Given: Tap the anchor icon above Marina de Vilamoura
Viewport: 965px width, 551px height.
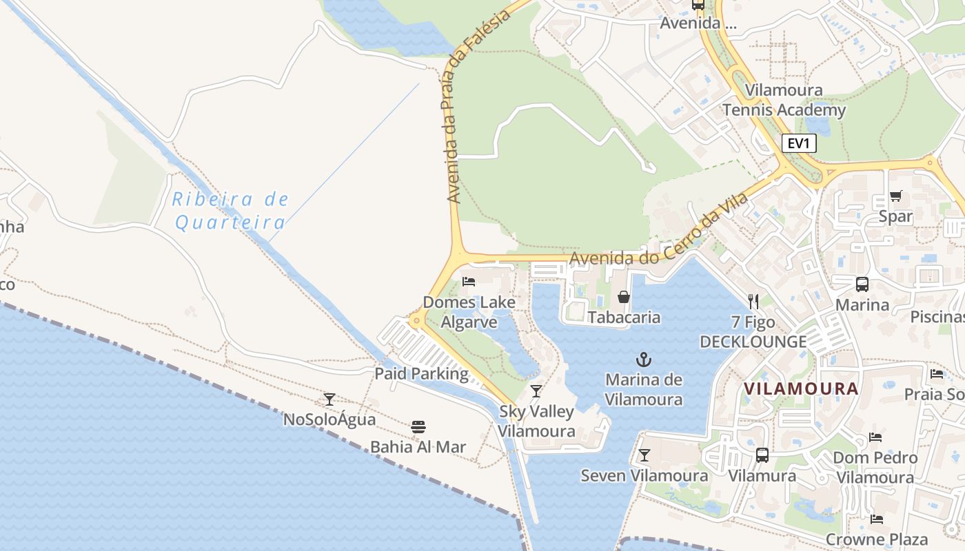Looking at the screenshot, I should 643,359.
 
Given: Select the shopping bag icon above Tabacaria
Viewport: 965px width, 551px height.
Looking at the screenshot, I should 623,297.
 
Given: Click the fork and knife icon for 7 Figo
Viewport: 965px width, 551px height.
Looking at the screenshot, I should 753,301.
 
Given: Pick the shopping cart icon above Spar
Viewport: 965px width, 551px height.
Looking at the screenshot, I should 895,196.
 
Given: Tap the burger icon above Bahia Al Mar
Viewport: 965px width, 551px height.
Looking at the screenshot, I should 418,426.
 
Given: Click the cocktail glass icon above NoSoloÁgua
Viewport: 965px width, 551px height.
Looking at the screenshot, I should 329,399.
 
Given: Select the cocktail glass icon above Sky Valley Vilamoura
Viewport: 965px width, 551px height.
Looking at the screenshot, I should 536,391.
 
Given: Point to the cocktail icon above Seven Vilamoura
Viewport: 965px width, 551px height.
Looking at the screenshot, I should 644,455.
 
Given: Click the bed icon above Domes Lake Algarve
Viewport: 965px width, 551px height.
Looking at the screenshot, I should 469,281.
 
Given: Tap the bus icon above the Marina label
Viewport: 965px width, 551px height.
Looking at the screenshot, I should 862,284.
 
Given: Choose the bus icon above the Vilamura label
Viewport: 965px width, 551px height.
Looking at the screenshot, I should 762,455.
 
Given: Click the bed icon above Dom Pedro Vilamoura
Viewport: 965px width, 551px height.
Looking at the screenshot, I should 875,437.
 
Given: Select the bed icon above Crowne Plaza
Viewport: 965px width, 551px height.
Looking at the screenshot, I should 876,519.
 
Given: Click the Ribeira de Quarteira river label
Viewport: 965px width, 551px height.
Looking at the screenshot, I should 230,211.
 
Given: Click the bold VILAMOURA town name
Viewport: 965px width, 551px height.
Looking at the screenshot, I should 801,388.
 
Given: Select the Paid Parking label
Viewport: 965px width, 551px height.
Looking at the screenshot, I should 421,374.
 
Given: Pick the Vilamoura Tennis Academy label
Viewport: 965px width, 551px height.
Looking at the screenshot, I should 784,100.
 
